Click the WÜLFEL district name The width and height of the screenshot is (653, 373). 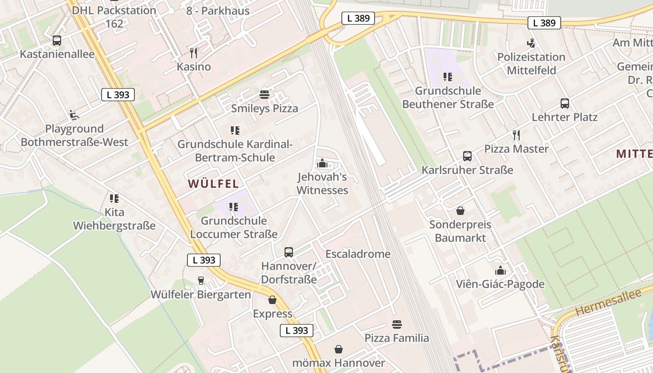click(213, 184)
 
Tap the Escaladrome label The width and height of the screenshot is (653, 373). click(358, 254)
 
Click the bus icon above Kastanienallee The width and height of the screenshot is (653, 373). click(57, 41)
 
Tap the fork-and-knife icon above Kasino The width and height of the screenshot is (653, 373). click(194, 53)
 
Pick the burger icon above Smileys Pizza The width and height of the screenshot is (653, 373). click(264, 95)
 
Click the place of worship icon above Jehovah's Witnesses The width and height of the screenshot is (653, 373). click(322, 163)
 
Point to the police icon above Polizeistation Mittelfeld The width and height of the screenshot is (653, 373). click(530, 43)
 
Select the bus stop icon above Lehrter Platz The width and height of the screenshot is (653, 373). click(564, 104)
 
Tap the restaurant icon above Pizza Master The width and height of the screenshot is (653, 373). click(516, 135)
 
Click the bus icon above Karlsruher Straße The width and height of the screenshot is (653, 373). click(467, 156)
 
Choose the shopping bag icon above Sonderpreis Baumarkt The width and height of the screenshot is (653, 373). click(460, 211)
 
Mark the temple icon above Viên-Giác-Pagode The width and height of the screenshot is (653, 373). click(500, 270)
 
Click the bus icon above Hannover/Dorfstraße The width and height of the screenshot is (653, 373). click(289, 252)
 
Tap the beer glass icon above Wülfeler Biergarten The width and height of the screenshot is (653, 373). click(201, 280)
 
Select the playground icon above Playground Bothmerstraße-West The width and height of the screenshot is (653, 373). click(74, 115)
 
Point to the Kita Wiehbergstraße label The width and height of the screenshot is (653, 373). click(114, 219)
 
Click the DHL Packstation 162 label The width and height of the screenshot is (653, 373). click(114, 17)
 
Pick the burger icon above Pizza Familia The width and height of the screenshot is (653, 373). click(397, 324)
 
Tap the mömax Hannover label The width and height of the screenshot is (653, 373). click(339, 363)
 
